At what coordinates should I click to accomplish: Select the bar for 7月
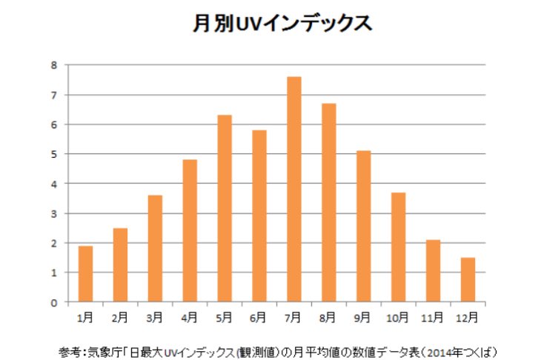coord(293,190)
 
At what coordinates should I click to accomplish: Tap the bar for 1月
coord(85,274)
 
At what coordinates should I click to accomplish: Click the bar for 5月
coord(224,209)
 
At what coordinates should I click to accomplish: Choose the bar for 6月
coord(259,216)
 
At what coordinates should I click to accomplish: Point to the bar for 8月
coord(328,203)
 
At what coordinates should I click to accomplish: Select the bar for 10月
coord(397,247)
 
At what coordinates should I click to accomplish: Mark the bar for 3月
coord(155,249)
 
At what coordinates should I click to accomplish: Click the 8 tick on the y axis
coord(53,65)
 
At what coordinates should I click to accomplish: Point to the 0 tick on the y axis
coord(53,302)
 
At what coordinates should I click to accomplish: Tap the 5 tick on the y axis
coord(53,154)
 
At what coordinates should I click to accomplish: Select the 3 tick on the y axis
coord(53,213)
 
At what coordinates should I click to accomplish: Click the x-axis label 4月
coord(189,317)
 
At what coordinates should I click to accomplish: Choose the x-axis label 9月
coord(362,317)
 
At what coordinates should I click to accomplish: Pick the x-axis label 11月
coord(432,317)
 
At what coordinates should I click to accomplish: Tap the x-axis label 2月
coord(120,317)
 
